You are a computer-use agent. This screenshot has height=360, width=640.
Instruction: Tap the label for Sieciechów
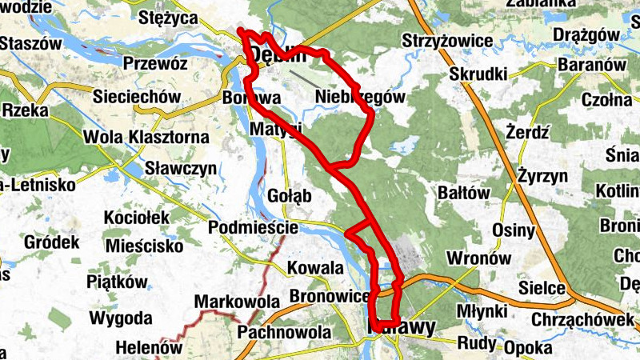click(x=134, y=96)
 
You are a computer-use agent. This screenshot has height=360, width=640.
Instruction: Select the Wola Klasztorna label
click(x=146, y=138)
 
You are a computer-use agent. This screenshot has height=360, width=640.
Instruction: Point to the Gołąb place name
click(x=291, y=196)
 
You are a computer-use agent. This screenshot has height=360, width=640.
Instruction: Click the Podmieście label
click(x=253, y=228)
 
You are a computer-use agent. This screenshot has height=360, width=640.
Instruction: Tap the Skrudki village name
click(x=479, y=74)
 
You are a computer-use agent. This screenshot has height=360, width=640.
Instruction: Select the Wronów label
click(x=478, y=258)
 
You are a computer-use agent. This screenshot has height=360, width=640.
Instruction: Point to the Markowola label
click(x=237, y=302)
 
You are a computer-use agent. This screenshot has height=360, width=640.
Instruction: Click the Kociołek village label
click(x=138, y=218)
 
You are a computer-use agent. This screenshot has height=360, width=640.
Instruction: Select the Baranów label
click(x=591, y=64)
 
